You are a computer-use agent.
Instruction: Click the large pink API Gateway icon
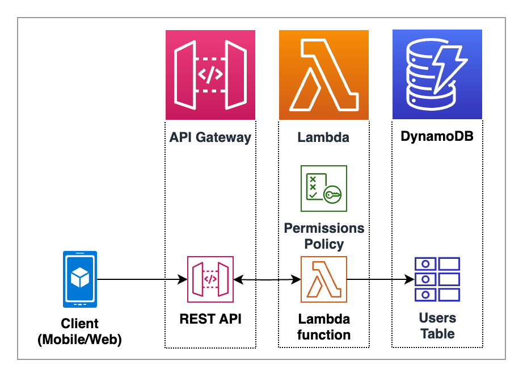(210, 74)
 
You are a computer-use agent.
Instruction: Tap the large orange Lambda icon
(324, 74)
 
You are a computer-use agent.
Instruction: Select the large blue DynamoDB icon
(437, 74)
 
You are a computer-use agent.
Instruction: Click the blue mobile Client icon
(80, 278)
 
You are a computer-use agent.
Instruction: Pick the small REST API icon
(210, 279)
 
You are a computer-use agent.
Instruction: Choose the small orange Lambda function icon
(324, 279)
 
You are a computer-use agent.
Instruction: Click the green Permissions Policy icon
(324, 188)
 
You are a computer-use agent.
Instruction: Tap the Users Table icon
(437, 279)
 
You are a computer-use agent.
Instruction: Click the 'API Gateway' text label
(210, 137)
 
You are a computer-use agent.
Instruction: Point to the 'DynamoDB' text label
(437, 137)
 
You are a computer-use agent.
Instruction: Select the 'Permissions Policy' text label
(324, 236)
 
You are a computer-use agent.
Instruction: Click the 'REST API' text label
(210, 319)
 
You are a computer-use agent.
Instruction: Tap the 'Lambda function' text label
(324, 326)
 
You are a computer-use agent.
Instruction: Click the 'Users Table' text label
(437, 325)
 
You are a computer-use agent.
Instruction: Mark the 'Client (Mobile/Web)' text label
(80, 332)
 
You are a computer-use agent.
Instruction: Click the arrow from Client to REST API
(142, 279)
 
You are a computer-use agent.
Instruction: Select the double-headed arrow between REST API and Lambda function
(267, 279)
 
